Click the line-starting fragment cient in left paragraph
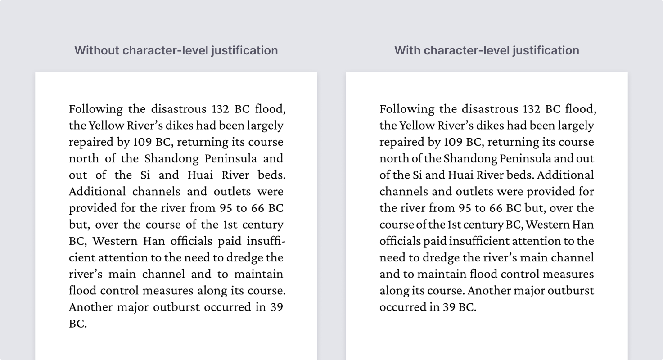82,258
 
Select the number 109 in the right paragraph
453,142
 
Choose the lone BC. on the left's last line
77,324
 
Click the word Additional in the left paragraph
97,192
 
